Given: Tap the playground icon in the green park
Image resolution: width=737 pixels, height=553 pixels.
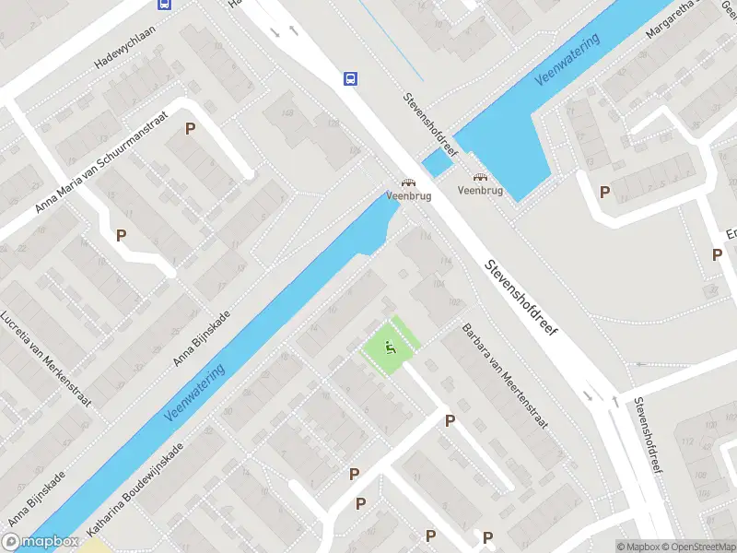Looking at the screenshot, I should [390, 348].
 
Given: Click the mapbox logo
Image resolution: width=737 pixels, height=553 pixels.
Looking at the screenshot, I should [41, 542].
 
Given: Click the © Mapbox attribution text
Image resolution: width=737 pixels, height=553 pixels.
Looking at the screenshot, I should [638, 547].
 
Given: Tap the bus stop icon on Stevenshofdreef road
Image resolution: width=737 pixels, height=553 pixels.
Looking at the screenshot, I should [351, 78].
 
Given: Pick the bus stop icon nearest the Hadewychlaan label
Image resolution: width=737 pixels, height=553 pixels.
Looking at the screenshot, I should [164, 4].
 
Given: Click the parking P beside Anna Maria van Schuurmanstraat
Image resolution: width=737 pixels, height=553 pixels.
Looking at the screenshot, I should [191, 129].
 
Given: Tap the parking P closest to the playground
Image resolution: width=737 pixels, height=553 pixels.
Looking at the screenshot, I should [450, 420].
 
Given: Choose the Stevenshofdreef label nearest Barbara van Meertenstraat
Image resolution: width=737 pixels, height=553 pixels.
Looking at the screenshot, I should [524, 296].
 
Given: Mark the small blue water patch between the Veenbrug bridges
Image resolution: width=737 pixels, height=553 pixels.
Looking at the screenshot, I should [438, 163].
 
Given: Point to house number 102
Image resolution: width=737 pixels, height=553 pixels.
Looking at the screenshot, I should [452, 303].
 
